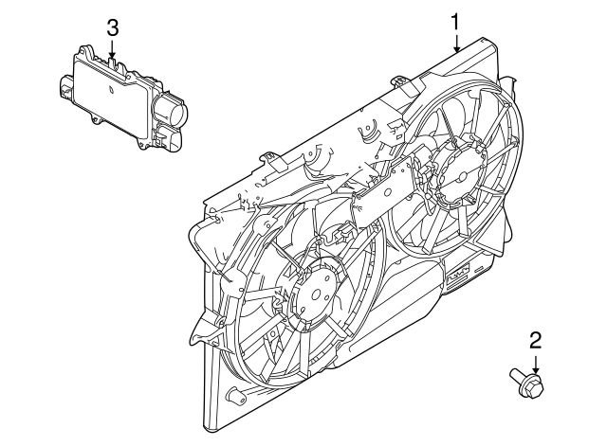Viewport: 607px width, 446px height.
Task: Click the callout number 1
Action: coord(456,20)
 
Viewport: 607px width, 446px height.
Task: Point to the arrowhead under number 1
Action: coord(456,47)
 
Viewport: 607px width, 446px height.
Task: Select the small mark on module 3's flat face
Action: coord(111,91)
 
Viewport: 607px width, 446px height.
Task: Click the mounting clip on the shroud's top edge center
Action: coord(403,86)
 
